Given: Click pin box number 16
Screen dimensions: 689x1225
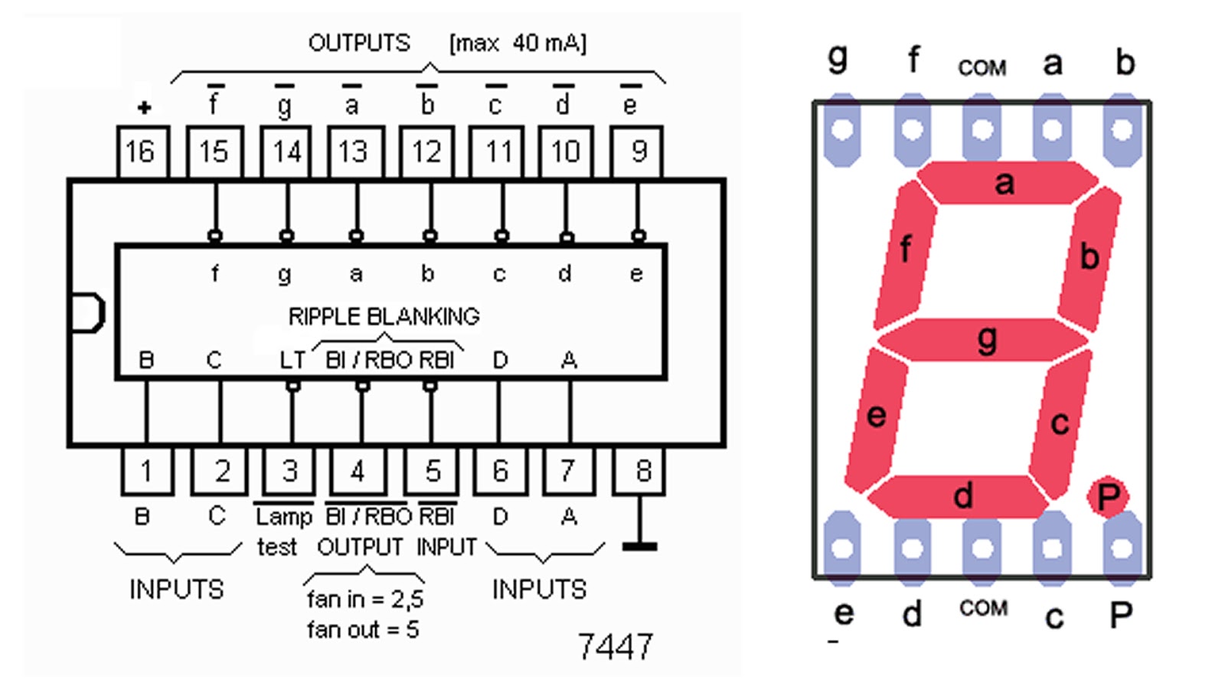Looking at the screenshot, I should tap(142, 152).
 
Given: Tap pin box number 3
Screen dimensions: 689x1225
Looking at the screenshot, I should tap(289, 471).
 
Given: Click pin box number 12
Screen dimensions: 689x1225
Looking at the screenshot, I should tap(426, 152).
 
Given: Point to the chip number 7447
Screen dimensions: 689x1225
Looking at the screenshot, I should tap(615, 647).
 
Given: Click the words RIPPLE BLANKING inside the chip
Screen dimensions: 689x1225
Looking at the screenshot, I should tap(384, 316).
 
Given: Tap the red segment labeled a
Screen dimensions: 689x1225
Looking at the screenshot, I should tap(1006, 182).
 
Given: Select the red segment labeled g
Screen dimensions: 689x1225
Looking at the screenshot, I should tap(983, 339).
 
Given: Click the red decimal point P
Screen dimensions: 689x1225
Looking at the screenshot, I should tap(1107, 497).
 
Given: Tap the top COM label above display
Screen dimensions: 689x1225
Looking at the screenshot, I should tap(982, 68).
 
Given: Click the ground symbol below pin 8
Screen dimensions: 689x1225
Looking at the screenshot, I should tap(639, 545).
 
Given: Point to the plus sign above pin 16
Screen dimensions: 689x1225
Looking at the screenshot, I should tap(144, 108).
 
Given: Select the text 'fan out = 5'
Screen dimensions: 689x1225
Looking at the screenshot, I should tap(363, 630).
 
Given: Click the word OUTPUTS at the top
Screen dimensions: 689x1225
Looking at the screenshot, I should tap(359, 43).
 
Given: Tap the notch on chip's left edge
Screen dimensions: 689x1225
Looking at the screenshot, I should tap(87, 312).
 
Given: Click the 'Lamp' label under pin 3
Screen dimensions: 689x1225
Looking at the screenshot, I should tap(284, 517).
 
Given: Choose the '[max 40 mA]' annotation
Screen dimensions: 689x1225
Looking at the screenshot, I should tap(518, 43).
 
